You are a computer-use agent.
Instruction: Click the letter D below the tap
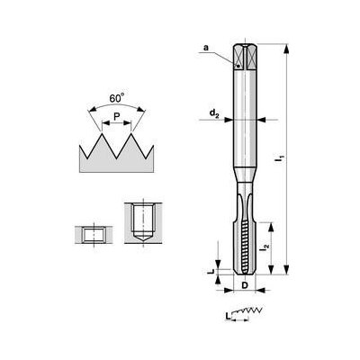[x=244, y=287]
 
